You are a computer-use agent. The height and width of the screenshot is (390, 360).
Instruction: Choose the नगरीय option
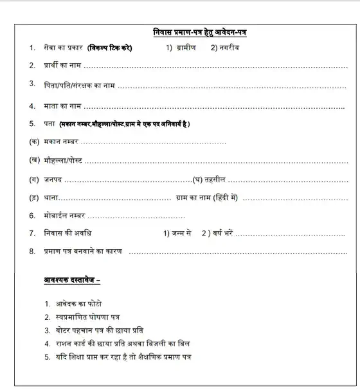tap(228, 48)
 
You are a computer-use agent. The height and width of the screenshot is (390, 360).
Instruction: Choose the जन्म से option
tap(178, 233)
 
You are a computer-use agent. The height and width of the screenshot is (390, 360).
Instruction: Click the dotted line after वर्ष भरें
tap(292, 234)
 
